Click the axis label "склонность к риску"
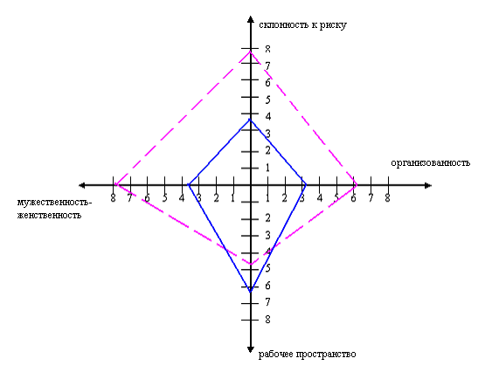coord(302,25)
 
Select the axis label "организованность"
coord(431,163)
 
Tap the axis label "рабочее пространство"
coord(308,355)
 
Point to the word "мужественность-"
coord(54,203)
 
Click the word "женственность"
coord(49,216)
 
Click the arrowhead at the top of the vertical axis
coord(251,19)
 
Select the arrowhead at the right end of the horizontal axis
coord(428,185)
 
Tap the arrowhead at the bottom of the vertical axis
coord(251,349)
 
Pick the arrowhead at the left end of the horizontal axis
coord(82,185)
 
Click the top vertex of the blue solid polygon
coord(250,119)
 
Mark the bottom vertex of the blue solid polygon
coord(251,292)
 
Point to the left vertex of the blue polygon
coord(189,185)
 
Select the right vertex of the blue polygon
coord(306,185)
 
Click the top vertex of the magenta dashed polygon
coord(250,51)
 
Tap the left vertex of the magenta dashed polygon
coord(115,184)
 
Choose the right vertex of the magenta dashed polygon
coord(357,185)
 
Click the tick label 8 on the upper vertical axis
coord(267,49)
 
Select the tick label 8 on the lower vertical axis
coord(267,320)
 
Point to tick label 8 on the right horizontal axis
coord(388,198)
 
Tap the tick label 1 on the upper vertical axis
coord(267,168)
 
